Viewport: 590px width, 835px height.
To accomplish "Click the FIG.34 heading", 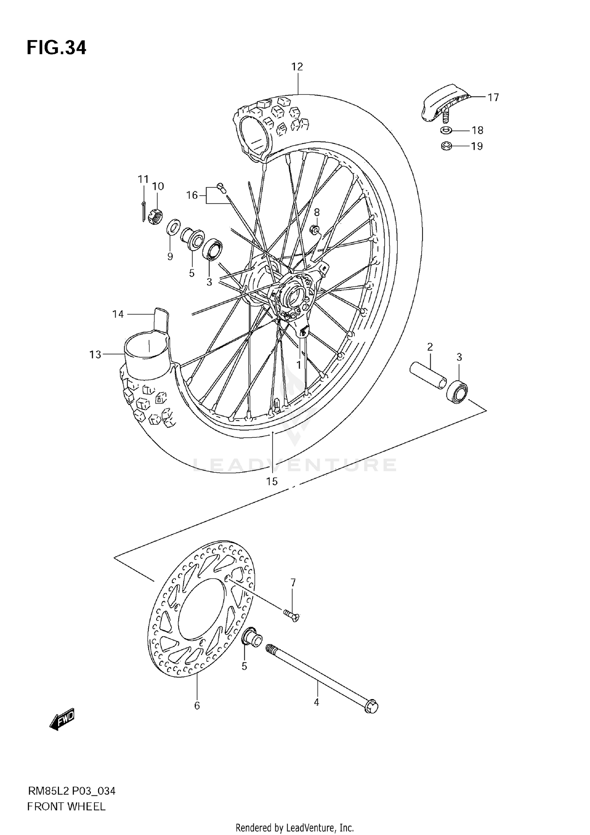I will (56, 48).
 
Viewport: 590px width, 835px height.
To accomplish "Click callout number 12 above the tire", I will (297, 67).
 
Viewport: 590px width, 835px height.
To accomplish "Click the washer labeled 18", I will (446, 130).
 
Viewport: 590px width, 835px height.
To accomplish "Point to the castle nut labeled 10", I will (156, 216).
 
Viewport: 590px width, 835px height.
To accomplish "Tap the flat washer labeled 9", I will (173, 227).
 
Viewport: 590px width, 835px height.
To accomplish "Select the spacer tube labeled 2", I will (428, 376).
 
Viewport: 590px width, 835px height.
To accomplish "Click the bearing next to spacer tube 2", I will (457, 391).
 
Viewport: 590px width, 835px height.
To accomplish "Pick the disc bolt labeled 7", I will (291, 617).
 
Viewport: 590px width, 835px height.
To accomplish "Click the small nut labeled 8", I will (315, 229).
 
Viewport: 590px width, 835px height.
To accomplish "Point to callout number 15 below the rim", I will (272, 481).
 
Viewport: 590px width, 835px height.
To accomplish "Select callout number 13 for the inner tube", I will (95, 354).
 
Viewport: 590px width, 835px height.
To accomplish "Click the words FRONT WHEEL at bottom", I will (66, 807).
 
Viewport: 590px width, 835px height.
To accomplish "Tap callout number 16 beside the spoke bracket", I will (192, 195).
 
